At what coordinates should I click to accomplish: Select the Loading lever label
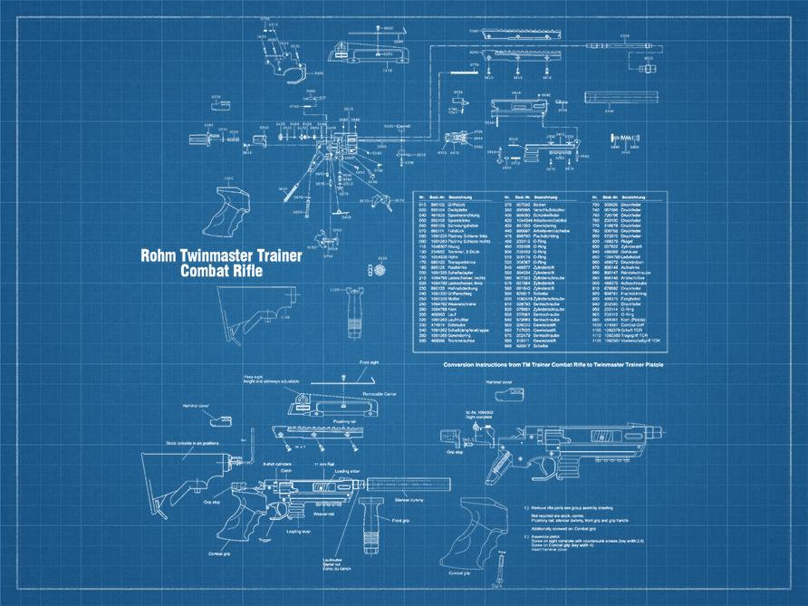point(299,532)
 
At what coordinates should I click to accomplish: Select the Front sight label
point(370,362)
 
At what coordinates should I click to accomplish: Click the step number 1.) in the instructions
point(526,508)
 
